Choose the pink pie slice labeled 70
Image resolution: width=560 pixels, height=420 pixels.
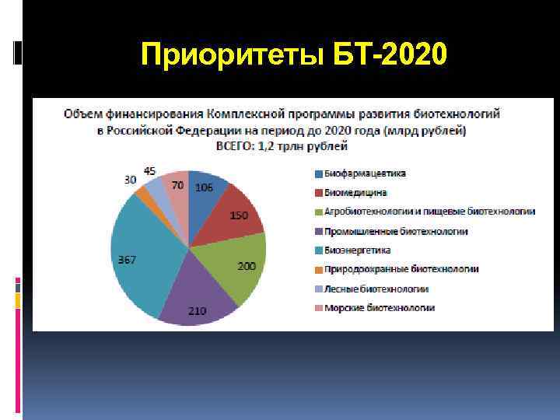pos(179,187)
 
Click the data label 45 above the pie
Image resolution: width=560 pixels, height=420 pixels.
pos(149,171)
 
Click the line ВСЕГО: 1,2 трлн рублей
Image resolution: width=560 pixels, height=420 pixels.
pos(282,145)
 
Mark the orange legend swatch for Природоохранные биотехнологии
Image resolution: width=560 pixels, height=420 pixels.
pos(319,270)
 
